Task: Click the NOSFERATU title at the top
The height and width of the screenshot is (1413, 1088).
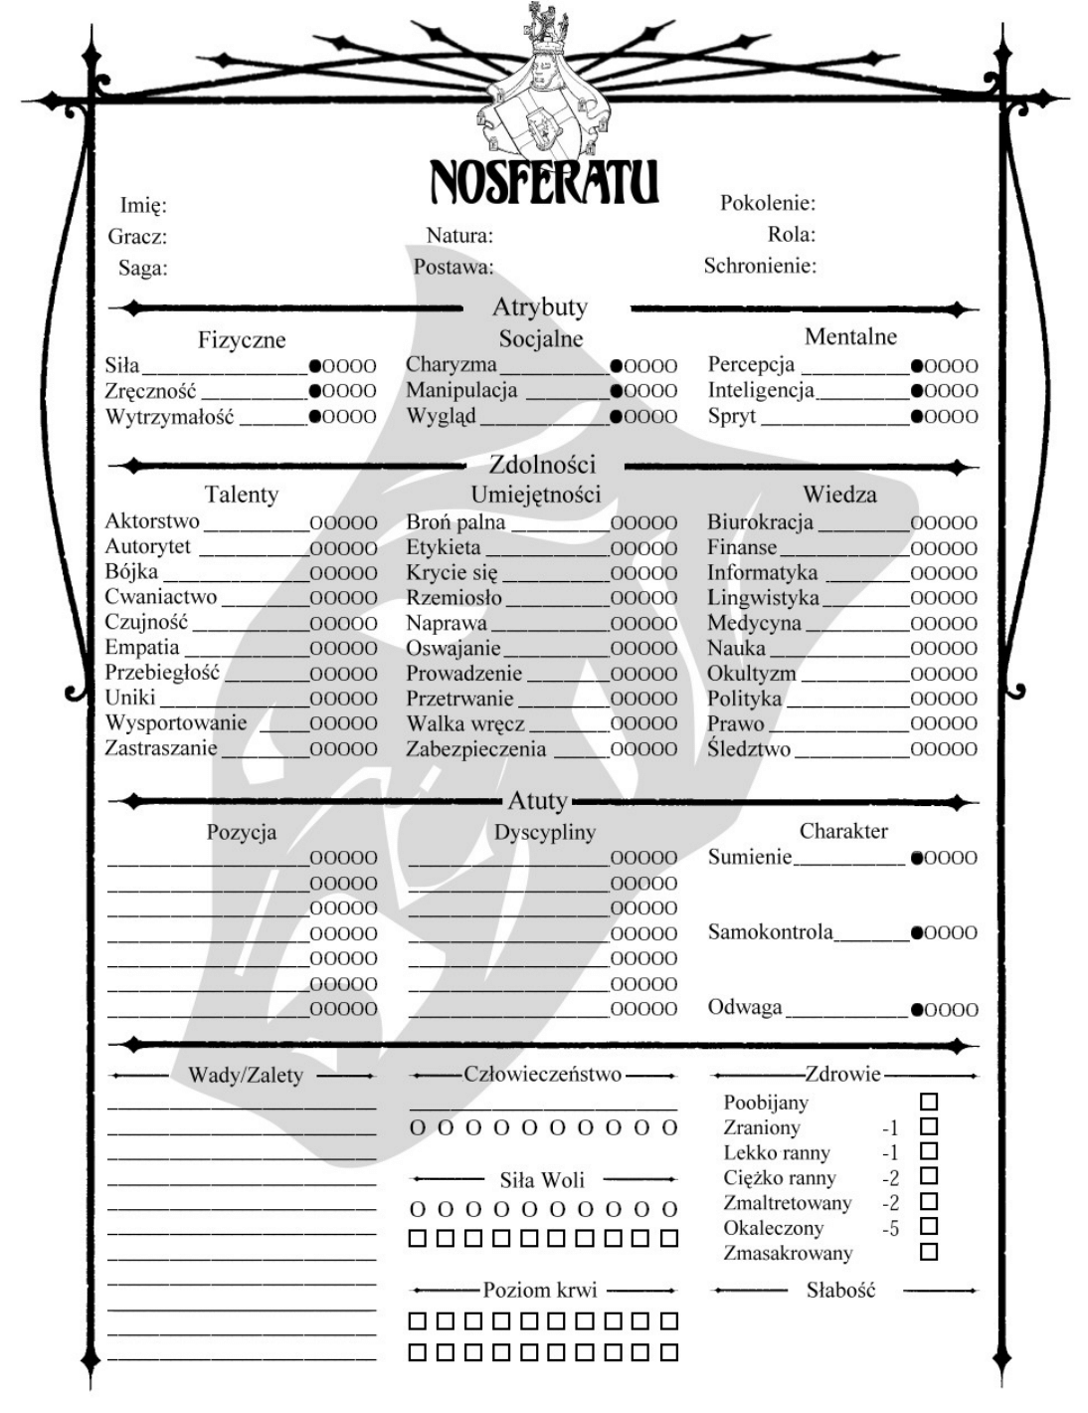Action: point(543,181)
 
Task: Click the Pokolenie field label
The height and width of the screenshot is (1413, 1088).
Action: point(767,203)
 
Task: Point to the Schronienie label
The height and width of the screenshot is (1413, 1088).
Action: point(760,266)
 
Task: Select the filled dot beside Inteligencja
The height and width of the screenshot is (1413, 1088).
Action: point(917,391)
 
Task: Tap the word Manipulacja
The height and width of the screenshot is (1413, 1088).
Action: point(461,390)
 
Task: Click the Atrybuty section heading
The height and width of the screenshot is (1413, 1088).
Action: point(540,306)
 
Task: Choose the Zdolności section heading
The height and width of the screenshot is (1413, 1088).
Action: point(542,464)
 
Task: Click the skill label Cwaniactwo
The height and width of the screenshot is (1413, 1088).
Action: point(161,597)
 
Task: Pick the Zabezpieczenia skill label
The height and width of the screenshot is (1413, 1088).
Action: point(475,749)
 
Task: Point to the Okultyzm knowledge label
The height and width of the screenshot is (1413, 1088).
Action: point(752,674)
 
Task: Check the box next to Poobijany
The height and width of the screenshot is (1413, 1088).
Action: point(929,1102)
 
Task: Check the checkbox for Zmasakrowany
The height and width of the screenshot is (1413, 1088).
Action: point(929,1252)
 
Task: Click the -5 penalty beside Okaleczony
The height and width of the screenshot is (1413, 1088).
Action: point(890,1229)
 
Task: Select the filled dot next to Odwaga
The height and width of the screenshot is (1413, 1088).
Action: point(917,1010)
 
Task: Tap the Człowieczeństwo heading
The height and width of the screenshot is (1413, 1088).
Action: point(542,1075)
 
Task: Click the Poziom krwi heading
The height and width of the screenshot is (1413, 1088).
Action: point(540,1291)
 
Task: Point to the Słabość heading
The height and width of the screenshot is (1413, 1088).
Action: point(840,1291)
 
